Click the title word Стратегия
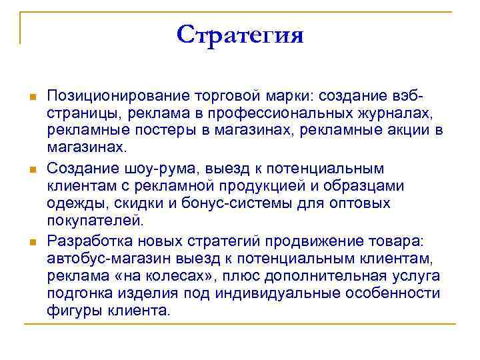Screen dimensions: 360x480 click(x=240, y=35)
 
